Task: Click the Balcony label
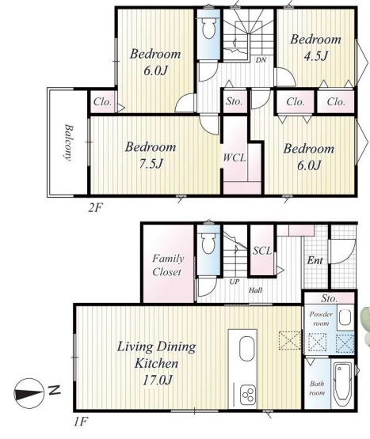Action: (x=68, y=142)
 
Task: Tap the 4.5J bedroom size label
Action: (x=316, y=56)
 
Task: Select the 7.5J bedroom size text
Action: (x=151, y=164)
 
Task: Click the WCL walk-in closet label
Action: (x=235, y=157)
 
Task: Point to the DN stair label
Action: (x=261, y=59)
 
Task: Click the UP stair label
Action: (x=235, y=282)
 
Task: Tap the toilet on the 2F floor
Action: (x=208, y=28)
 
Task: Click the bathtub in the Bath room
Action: (x=342, y=384)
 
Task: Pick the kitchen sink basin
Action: (x=247, y=349)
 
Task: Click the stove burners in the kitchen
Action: (x=248, y=395)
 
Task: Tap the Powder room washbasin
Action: (x=345, y=317)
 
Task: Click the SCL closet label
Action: (x=262, y=251)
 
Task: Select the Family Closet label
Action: (x=168, y=265)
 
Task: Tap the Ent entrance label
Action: (x=315, y=261)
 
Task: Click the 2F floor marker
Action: (x=95, y=208)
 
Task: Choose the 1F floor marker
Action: (x=81, y=422)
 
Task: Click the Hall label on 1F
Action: (x=255, y=290)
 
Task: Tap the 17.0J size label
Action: (x=157, y=380)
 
